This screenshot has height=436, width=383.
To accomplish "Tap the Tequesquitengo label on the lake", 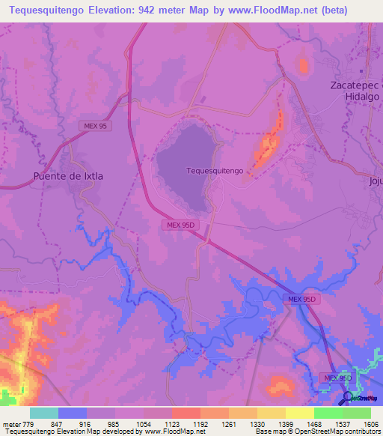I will [215, 171].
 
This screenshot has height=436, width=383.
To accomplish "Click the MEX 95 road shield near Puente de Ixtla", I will [95, 127].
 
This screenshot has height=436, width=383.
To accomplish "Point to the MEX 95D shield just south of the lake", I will [180, 224].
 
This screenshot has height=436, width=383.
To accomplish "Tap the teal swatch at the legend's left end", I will [44, 413].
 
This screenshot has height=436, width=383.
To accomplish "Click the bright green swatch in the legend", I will [328, 413].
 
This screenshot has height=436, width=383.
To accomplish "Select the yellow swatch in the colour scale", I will [300, 413].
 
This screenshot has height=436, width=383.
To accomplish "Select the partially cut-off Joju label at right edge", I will [376, 181].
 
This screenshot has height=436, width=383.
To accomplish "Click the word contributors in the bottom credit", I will [362, 432].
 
